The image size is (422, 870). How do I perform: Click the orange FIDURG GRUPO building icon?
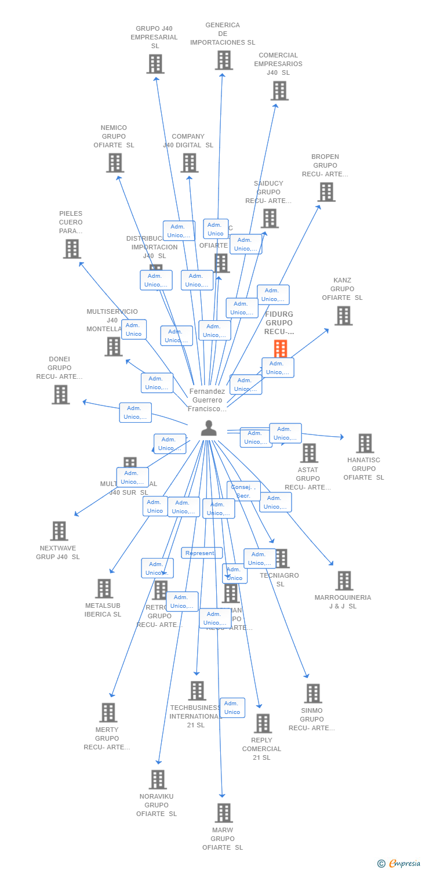coord(281,349)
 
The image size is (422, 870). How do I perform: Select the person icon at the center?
coord(209,428)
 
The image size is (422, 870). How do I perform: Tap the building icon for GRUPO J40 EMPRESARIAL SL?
coord(155,64)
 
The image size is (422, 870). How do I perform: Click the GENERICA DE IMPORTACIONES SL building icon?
coord(224,60)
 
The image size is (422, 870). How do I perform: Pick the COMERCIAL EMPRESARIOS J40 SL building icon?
coord(279,90)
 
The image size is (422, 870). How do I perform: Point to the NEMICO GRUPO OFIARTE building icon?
coord(115,163)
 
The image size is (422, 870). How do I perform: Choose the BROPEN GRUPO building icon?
coord(326,192)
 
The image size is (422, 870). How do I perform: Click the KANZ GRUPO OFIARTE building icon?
coord(343,316)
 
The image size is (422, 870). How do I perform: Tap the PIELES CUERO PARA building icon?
coord(72,249)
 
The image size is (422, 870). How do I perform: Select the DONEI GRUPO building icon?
coord(61,394)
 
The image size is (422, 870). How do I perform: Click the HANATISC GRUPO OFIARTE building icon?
coord(365,443)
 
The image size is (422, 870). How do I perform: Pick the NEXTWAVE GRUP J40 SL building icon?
coord(59,531)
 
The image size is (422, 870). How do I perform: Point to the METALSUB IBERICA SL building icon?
coord(104,589)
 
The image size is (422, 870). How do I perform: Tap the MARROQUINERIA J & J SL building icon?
coord(344,580)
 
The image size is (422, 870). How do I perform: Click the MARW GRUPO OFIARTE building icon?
coord(224,813)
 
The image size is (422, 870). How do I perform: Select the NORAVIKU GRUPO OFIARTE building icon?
coord(158,780)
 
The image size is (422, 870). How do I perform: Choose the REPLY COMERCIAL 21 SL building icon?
coord(263,723)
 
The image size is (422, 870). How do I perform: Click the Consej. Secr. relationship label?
coord(243,491)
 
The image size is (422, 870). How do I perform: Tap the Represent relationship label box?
coord(201,553)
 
